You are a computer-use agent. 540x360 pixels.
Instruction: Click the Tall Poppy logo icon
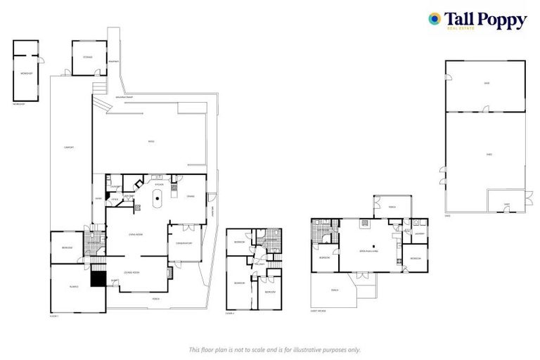point(435,19)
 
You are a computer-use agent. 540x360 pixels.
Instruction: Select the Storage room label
point(88,57)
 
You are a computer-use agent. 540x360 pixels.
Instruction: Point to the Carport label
point(69,147)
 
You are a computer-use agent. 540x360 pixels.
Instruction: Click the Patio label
point(150,141)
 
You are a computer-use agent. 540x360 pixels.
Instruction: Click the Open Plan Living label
point(368,250)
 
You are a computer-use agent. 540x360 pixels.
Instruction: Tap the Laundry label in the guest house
point(419,234)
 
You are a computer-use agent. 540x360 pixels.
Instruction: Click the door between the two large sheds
point(485,109)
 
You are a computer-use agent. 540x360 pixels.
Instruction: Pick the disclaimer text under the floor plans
point(274,349)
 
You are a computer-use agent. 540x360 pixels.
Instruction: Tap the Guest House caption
point(319,310)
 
